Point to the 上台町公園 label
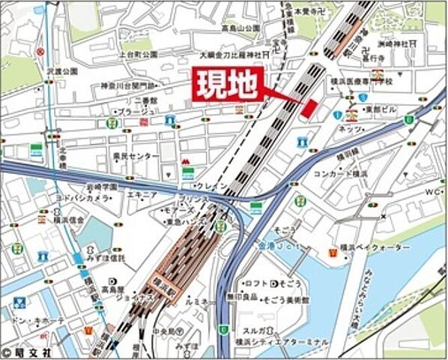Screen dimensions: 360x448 click(x=138, y=55)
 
